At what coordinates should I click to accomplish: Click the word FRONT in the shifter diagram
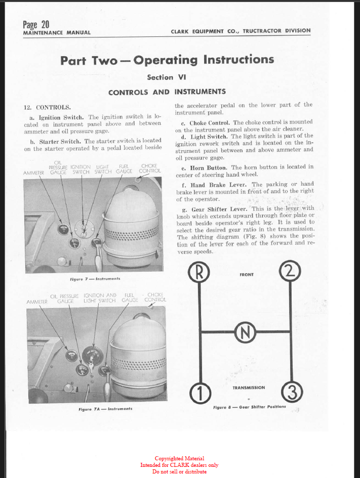coord(247,275)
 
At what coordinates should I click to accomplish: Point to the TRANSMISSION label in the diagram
coord(248,388)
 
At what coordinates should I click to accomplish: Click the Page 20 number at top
coord(36,24)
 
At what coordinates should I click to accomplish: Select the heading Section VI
coord(167,77)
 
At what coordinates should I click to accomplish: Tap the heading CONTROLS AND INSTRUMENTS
coord(167,92)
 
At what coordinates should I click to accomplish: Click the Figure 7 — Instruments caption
coord(94,279)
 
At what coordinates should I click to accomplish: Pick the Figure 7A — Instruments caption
coord(105,408)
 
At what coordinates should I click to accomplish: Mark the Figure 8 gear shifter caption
coord(249,407)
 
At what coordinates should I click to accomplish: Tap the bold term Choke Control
coord(209,122)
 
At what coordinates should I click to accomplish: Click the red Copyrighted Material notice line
coord(179,459)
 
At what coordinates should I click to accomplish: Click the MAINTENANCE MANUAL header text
coord(57,33)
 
